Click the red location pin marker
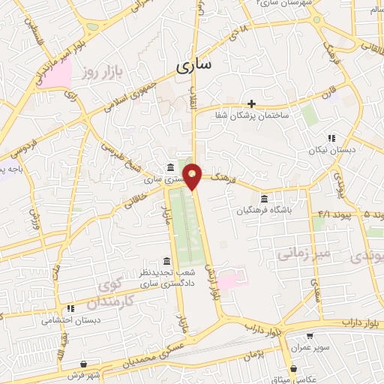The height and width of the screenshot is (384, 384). [193, 175]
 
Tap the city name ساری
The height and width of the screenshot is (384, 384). [193, 65]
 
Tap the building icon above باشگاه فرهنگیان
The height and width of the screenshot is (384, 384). [264, 199]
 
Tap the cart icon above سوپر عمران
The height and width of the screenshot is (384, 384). [310, 336]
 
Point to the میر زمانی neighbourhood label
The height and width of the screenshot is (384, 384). [303, 254]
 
